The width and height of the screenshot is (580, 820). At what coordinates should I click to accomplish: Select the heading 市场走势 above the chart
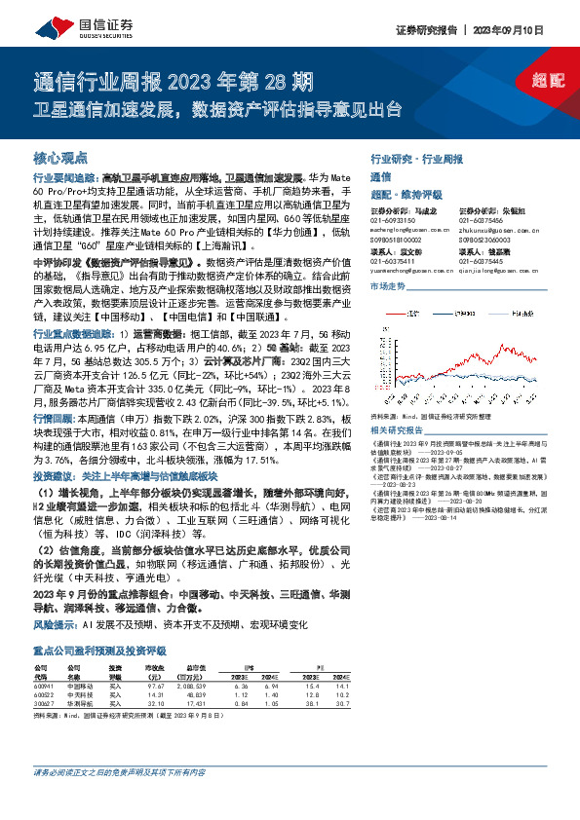click(386, 285)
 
